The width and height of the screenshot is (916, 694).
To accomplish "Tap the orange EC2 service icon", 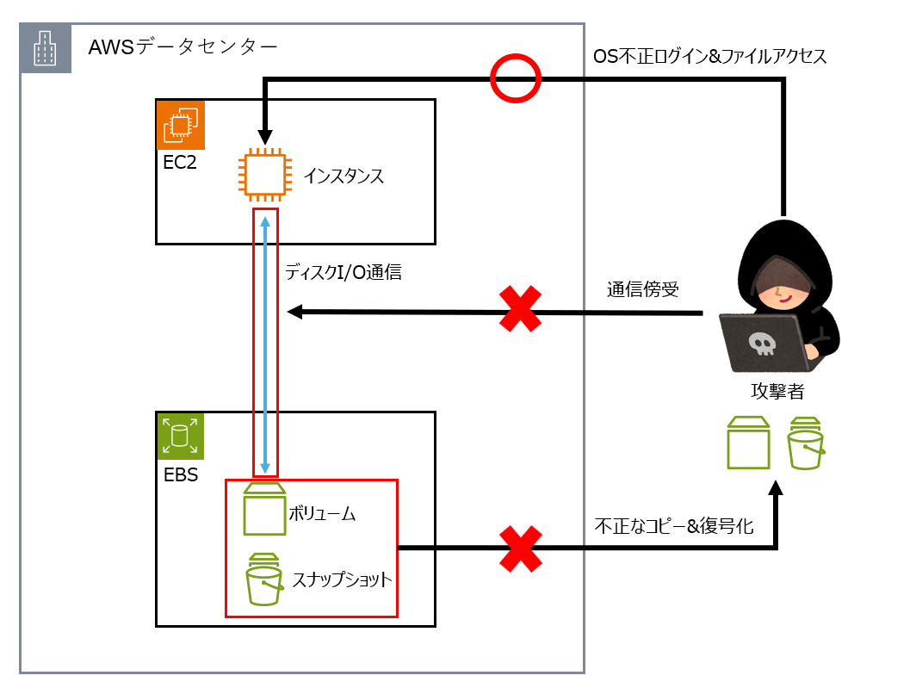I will [x=179, y=126].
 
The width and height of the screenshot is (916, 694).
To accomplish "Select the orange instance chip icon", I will [x=263, y=174].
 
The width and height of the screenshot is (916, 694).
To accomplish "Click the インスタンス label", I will [x=343, y=177].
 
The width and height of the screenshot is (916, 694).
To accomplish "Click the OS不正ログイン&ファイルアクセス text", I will [x=709, y=57].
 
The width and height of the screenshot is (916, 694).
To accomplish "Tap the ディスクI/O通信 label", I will [x=343, y=273].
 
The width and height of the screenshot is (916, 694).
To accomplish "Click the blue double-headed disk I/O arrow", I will [x=265, y=344].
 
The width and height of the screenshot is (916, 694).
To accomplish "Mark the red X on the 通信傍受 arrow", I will [x=521, y=310].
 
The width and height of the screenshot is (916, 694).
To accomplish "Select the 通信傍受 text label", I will [x=642, y=289].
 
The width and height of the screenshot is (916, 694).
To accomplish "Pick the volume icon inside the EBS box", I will [x=264, y=510].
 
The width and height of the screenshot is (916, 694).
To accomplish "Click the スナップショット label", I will [x=342, y=579].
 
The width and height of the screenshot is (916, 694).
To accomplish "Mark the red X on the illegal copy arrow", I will [x=521, y=548].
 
